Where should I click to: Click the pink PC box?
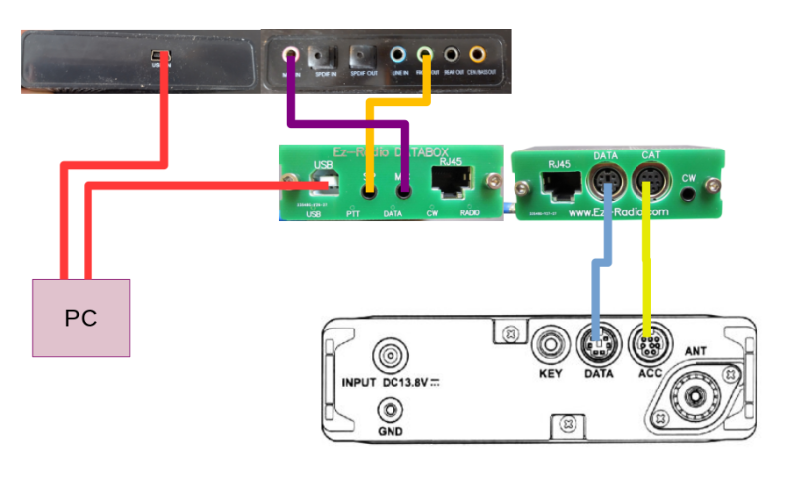(81, 317)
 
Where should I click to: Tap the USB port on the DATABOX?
(320, 184)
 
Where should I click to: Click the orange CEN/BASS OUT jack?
(478, 56)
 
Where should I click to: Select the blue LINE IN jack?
(398, 56)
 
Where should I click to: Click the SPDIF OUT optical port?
(363, 56)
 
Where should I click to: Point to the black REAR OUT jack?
(452, 56)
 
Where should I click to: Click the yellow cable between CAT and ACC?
(647, 256)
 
